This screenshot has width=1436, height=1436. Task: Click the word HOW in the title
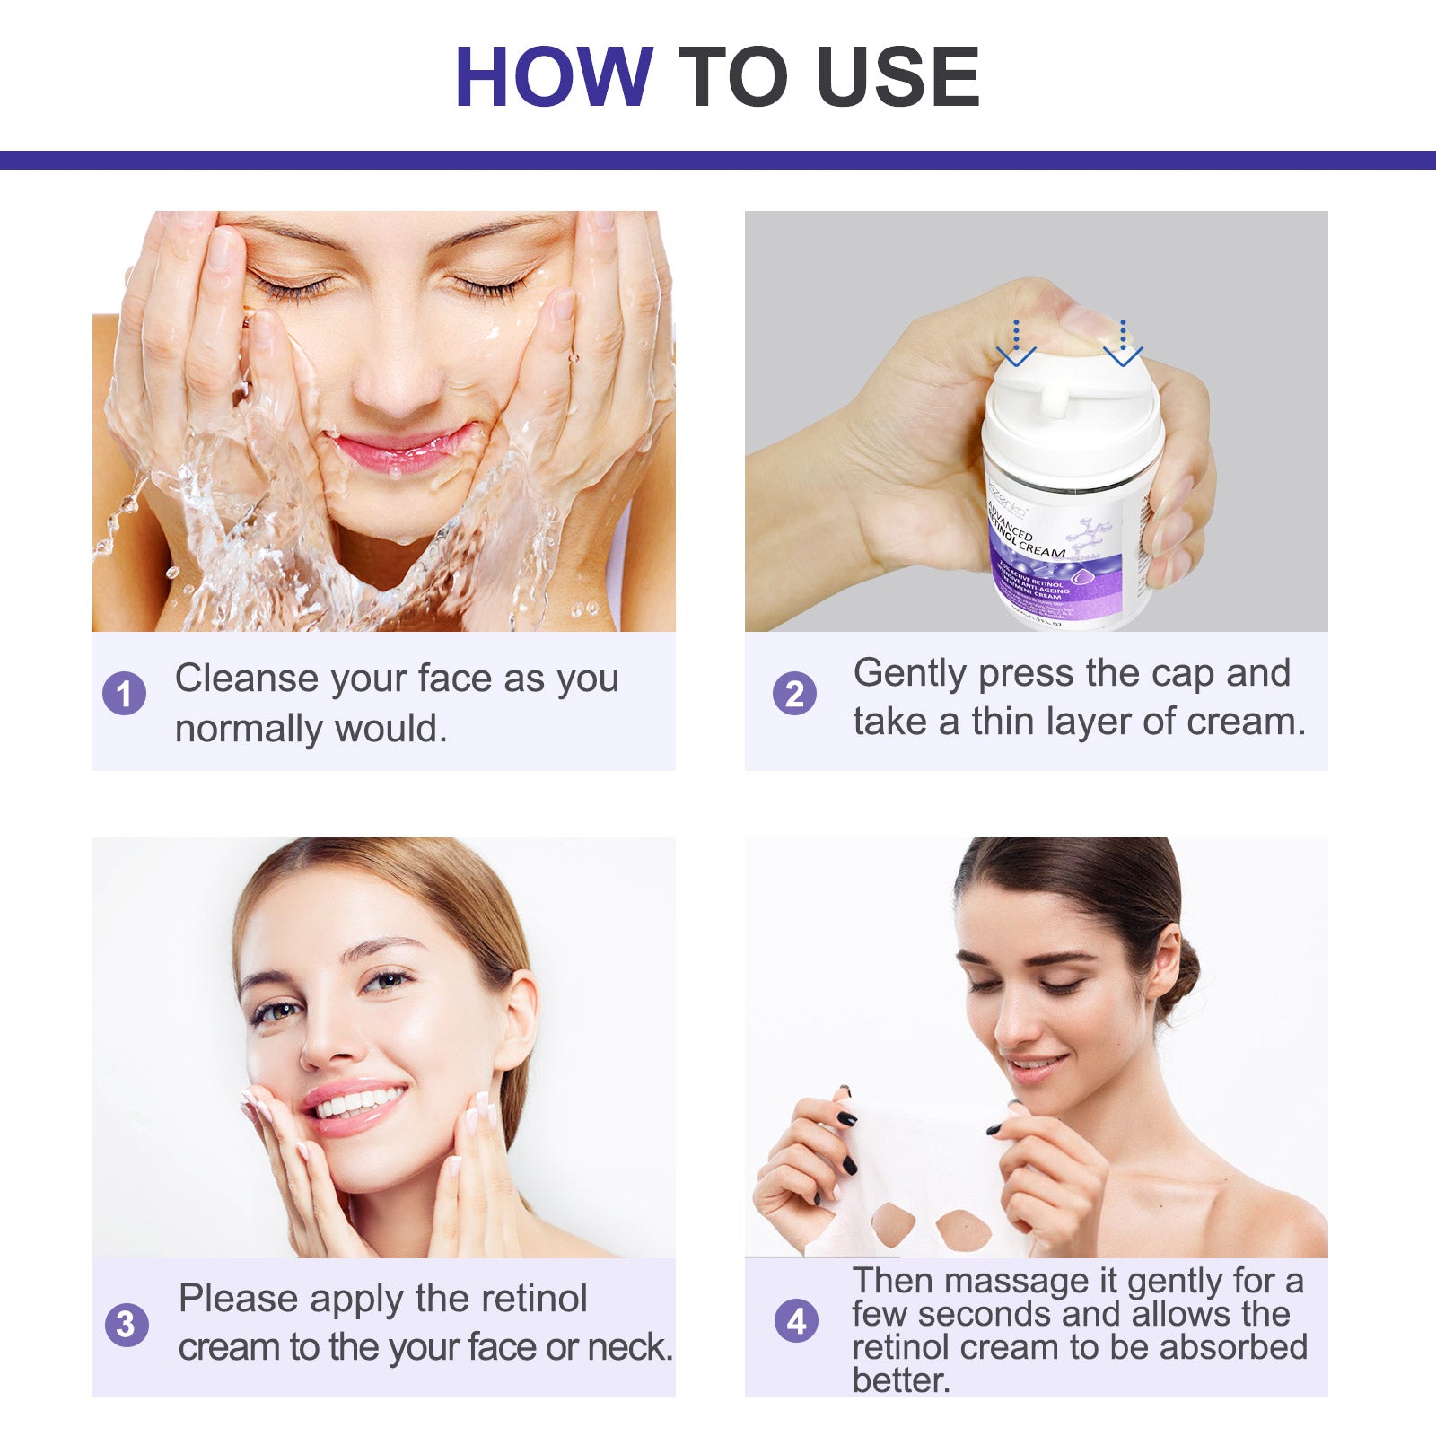click(554, 77)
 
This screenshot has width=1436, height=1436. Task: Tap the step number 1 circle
click(125, 694)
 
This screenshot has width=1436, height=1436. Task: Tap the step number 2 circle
click(794, 694)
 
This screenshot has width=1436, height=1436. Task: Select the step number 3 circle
click(127, 1324)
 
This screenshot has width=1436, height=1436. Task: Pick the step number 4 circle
click(796, 1321)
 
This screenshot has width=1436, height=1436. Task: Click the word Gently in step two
click(909, 674)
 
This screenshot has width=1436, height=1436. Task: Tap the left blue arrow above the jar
click(1016, 346)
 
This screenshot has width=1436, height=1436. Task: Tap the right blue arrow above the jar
click(1122, 346)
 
